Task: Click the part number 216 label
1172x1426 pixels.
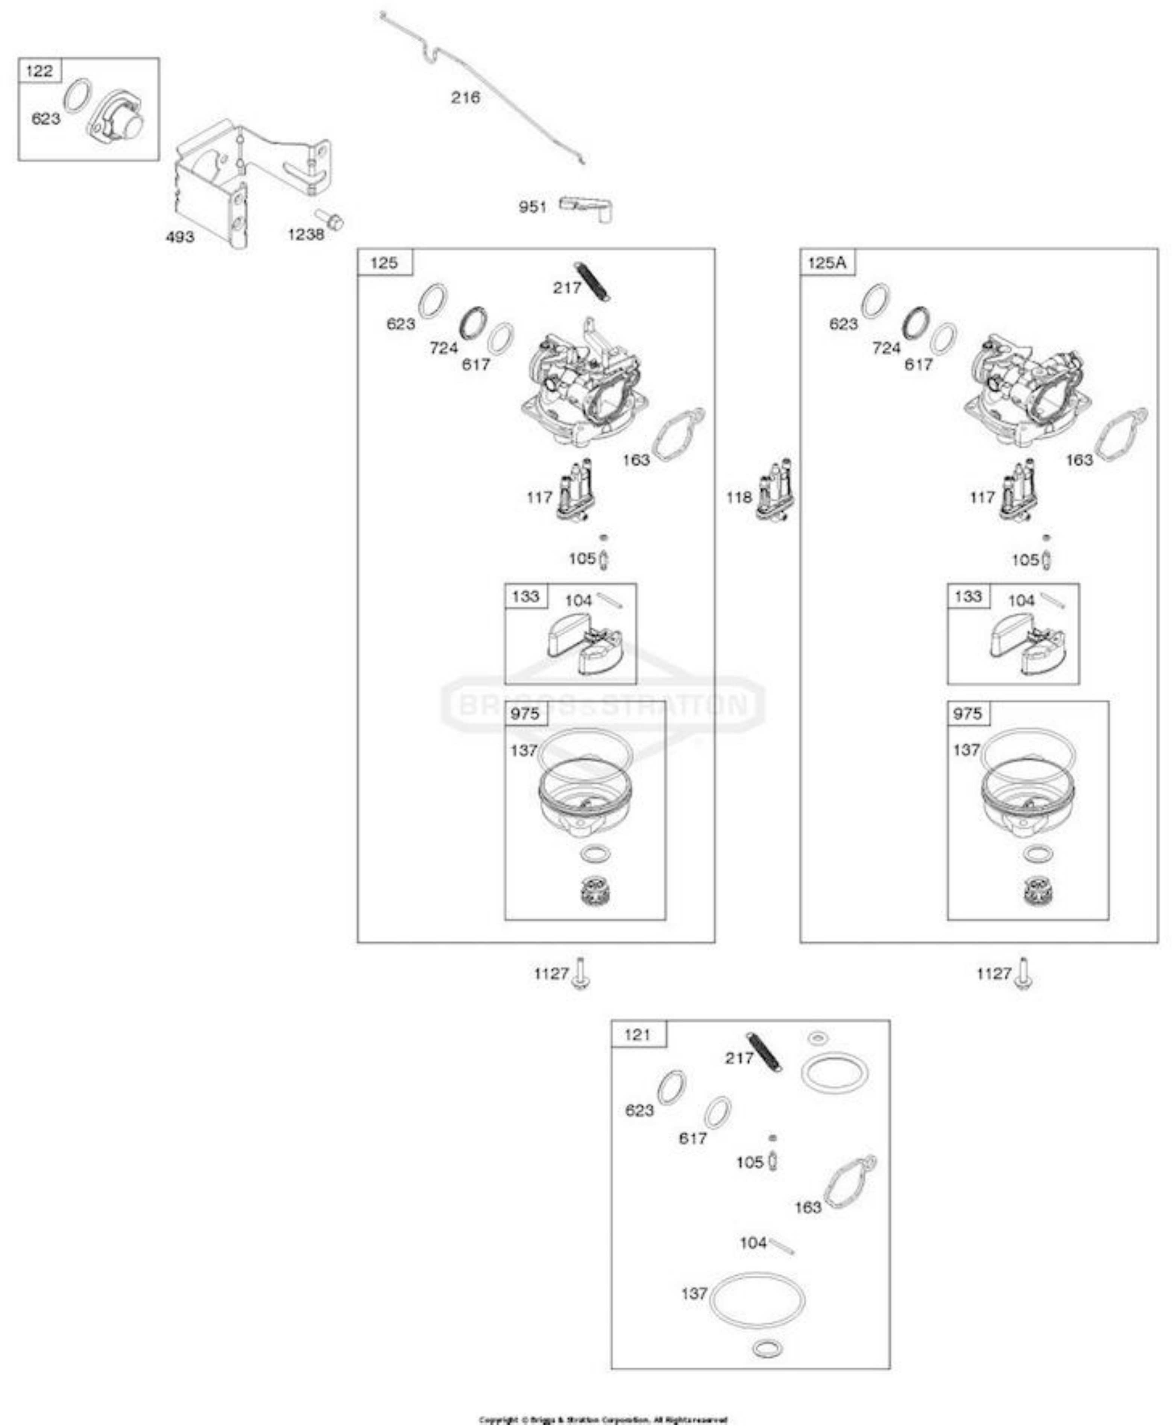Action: point(465,98)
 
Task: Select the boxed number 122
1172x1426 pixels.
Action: point(39,71)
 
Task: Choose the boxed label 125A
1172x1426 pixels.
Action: point(826,262)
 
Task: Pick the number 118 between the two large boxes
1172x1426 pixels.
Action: point(739,497)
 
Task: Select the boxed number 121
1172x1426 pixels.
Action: point(637,1035)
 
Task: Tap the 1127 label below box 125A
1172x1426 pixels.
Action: point(994,973)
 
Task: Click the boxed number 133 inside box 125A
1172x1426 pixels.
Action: point(967,597)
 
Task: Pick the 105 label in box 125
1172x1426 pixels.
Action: point(582,559)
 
